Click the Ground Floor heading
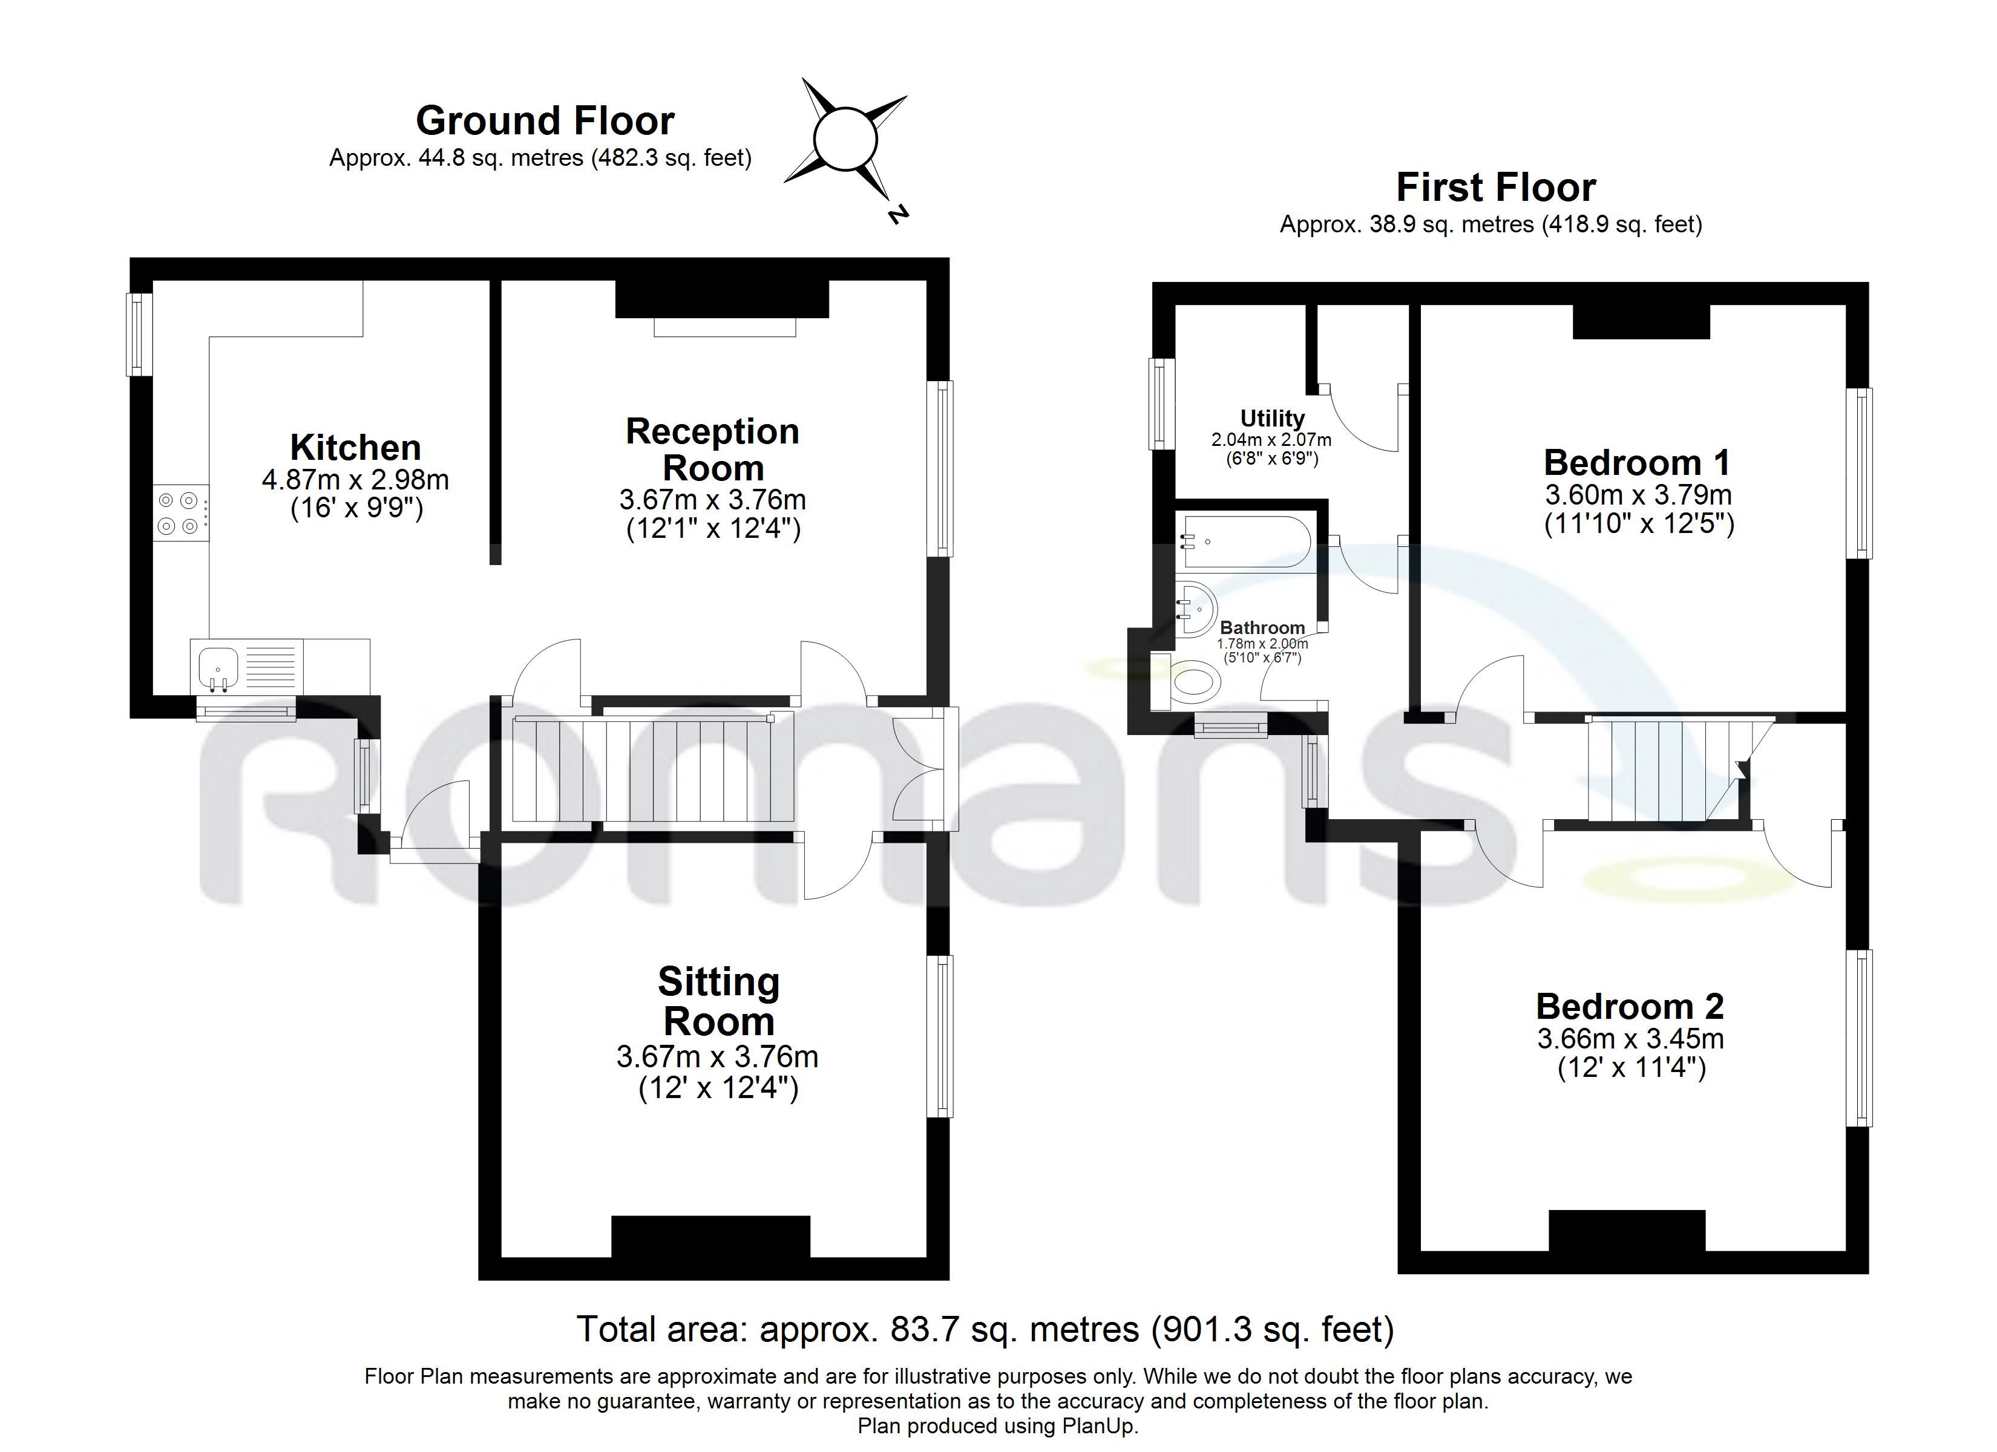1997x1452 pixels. click(x=545, y=120)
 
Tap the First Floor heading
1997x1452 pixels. click(x=1496, y=188)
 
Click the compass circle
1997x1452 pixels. click(x=845, y=139)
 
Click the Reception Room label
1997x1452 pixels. click(x=712, y=449)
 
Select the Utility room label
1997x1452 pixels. click(x=1273, y=418)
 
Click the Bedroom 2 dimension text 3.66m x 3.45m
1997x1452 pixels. click(x=1631, y=1039)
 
